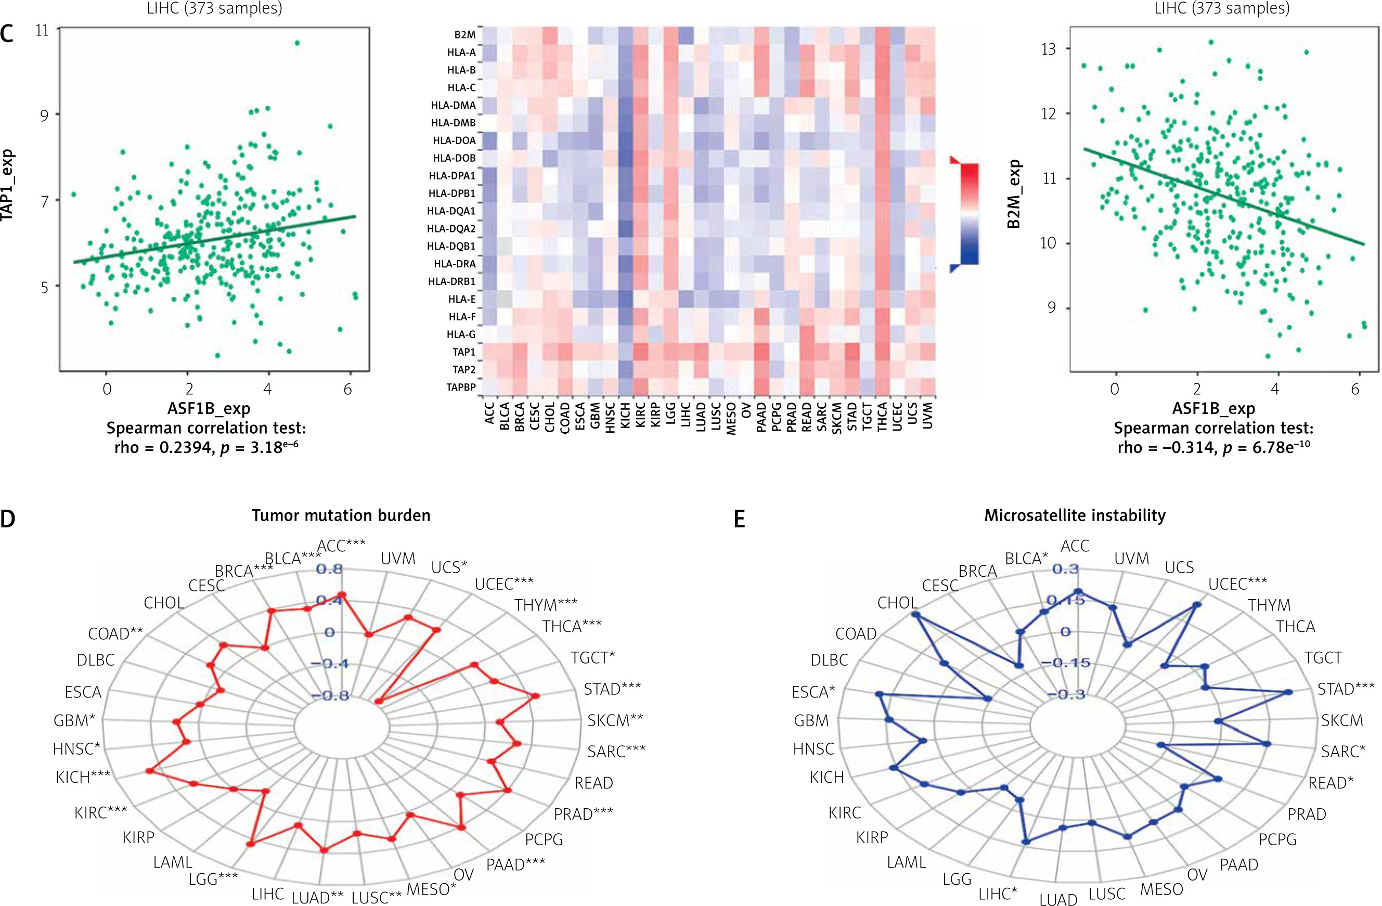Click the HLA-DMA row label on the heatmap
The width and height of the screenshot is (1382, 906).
[x=453, y=105]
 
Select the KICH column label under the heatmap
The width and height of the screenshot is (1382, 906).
[x=625, y=417]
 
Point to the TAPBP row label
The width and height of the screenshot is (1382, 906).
[x=460, y=387]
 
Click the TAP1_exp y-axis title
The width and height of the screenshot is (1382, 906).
[x=7, y=185]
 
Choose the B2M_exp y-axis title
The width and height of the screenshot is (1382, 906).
[x=1014, y=193]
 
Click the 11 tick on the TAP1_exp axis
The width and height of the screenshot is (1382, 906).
[x=42, y=30]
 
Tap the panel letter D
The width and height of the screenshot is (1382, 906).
[x=8, y=519]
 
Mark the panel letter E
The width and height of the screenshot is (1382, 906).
[x=739, y=519]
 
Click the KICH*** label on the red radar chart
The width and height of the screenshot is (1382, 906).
[x=83, y=777]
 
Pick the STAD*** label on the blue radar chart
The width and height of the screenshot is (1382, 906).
[x=1346, y=689]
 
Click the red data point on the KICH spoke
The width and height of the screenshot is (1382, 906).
[x=149, y=771]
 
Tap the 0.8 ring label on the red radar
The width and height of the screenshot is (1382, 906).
[x=329, y=569]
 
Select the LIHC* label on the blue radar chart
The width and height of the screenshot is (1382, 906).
[x=998, y=893]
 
